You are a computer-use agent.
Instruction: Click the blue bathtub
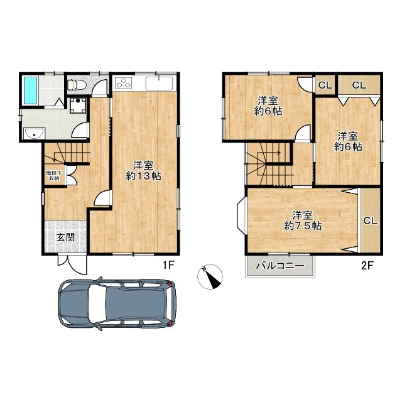click(x=30, y=90)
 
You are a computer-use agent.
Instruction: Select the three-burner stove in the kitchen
click(x=124, y=83)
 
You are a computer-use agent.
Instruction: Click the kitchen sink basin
click(x=159, y=84)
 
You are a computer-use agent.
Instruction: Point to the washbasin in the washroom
click(x=35, y=133)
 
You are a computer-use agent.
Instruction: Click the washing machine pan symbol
click(x=78, y=106)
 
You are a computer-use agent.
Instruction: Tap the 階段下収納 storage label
click(x=54, y=176)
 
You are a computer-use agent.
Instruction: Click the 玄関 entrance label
click(x=65, y=237)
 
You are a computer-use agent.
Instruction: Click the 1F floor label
click(x=169, y=265)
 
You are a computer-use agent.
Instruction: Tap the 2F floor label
click(x=367, y=266)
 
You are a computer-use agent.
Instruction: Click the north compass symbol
click(x=210, y=276)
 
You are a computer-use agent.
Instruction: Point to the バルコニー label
click(x=280, y=266)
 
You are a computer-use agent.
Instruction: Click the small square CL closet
click(x=325, y=85)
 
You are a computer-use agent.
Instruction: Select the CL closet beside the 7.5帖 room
click(x=370, y=220)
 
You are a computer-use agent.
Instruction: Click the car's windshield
click(x=98, y=303)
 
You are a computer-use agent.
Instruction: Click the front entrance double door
click(x=73, y=264)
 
